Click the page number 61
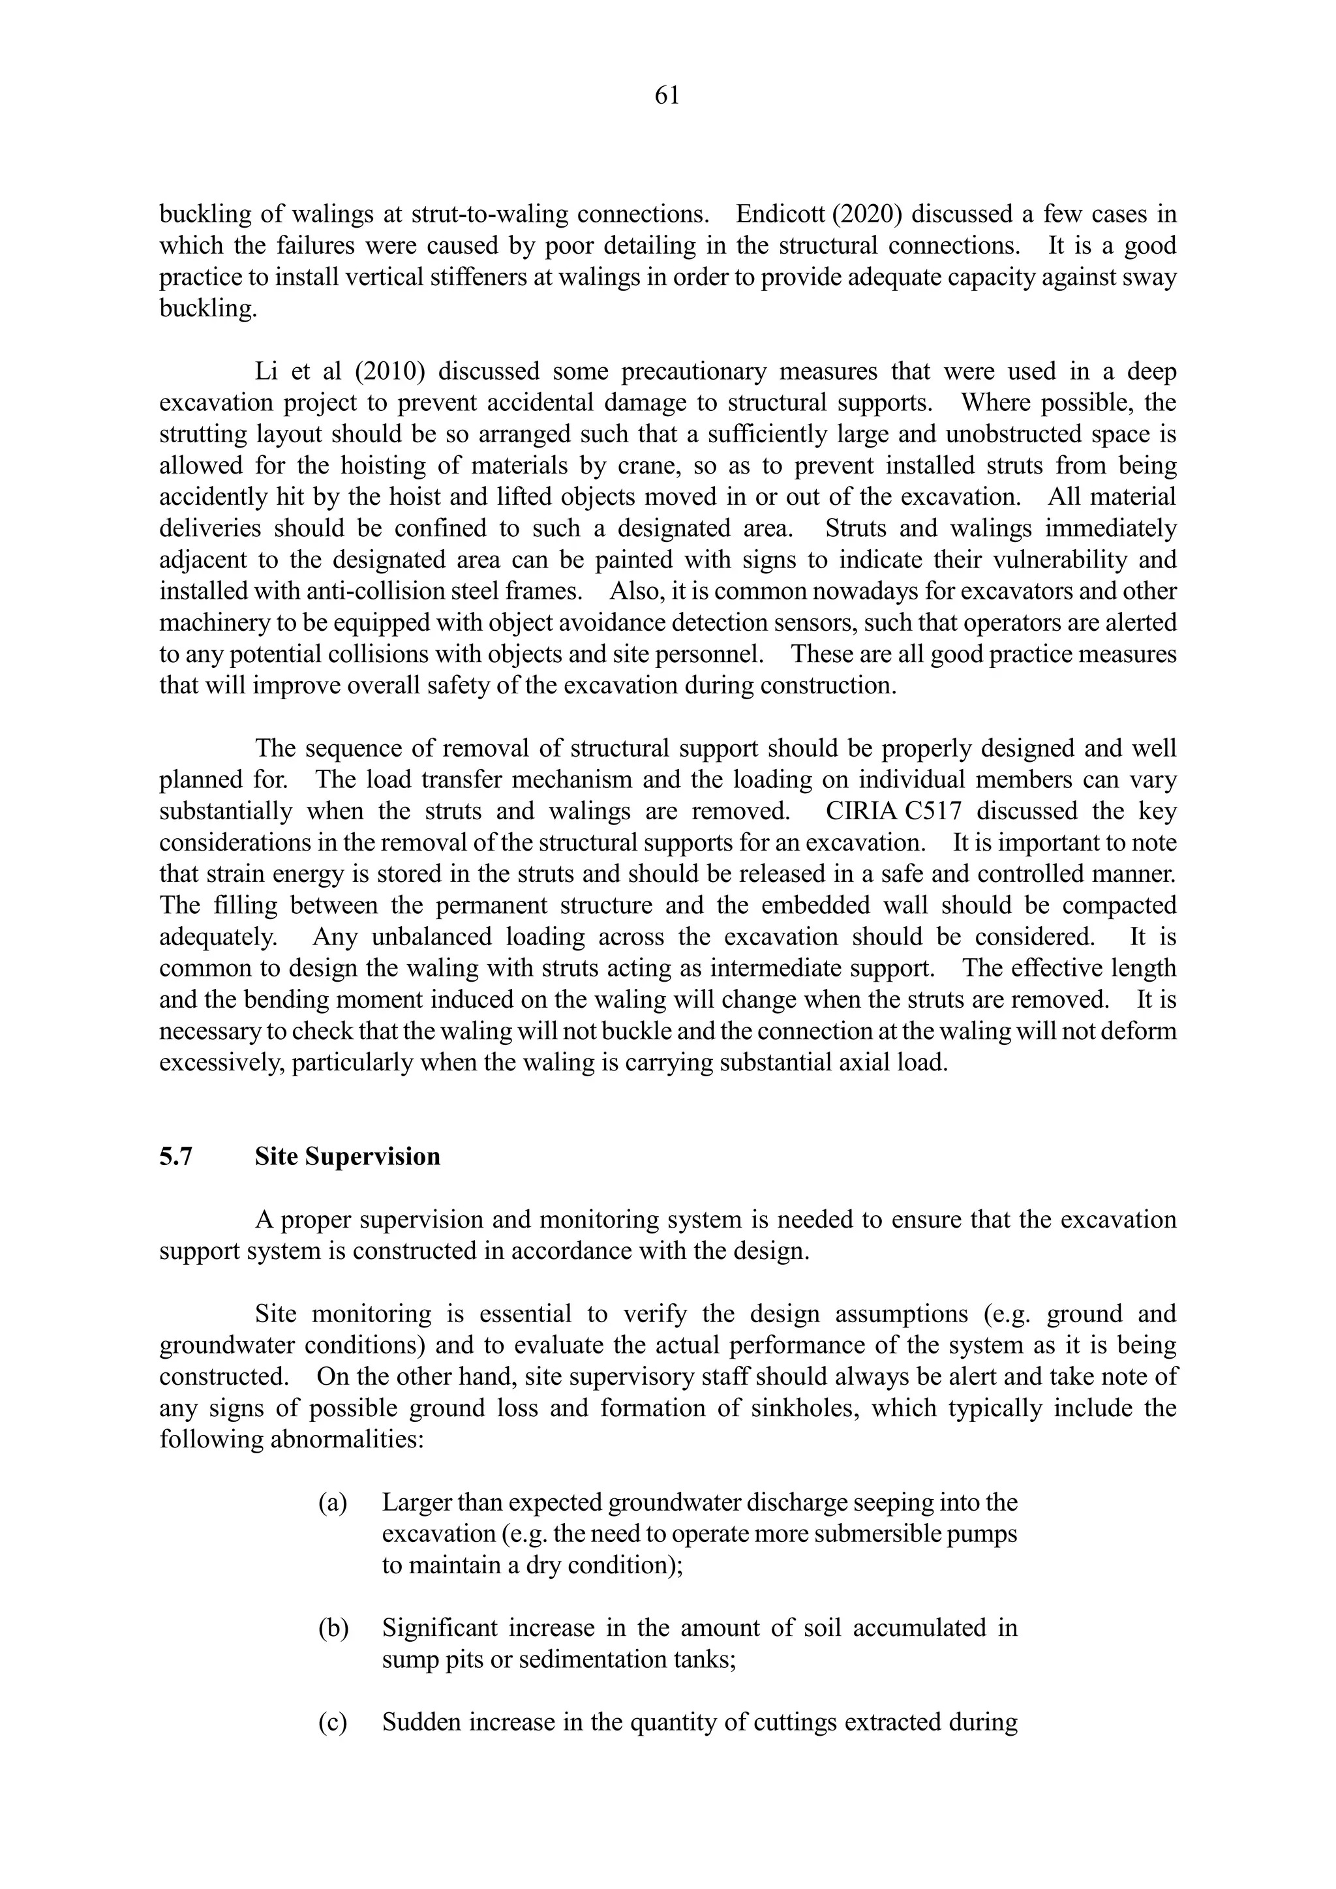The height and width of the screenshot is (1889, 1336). (x=667, y=97)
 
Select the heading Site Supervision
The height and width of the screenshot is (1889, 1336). (x=347, y=1156)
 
